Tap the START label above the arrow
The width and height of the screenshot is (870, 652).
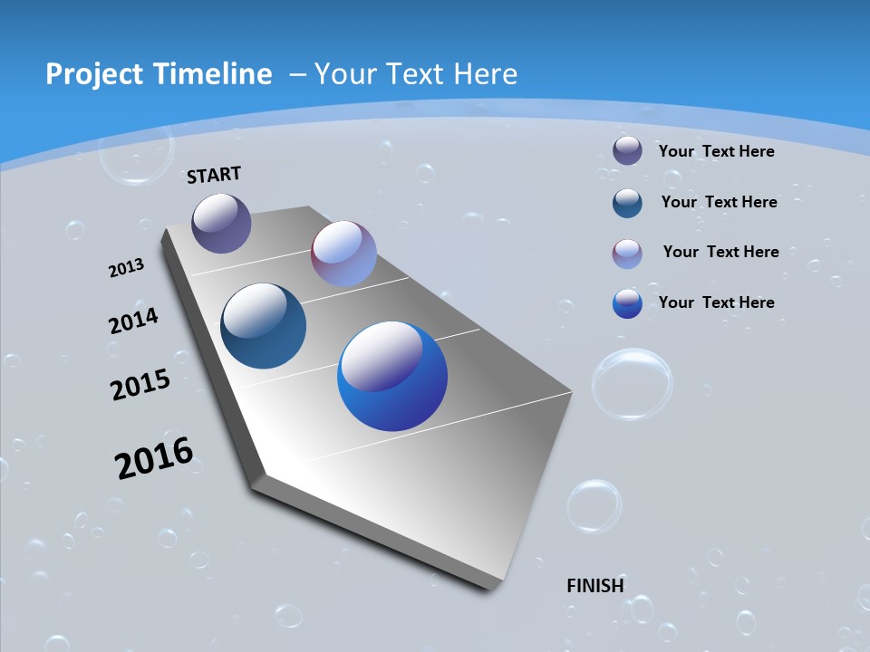[214, 175]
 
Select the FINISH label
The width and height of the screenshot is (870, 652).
[595, 586]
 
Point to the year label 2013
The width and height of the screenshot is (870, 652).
[126, 268]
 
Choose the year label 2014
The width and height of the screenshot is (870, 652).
[133, 321]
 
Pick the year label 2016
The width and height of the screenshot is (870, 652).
[154, 457]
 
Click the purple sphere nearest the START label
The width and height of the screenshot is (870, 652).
[221, 223]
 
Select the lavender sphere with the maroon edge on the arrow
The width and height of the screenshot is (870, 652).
[343, 254]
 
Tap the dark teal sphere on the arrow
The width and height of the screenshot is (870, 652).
[263, 326]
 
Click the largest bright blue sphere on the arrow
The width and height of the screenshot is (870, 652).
[392, 376]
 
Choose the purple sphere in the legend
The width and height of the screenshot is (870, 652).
[627, 150]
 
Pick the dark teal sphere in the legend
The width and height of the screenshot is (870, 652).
[627, 203]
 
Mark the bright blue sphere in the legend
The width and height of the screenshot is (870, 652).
[627, 303]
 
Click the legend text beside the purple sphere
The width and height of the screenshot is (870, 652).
[716, 151]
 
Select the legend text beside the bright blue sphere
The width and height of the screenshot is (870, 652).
[716, 302]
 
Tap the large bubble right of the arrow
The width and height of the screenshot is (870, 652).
[632, 384]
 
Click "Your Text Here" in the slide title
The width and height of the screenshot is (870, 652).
[416, 74]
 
